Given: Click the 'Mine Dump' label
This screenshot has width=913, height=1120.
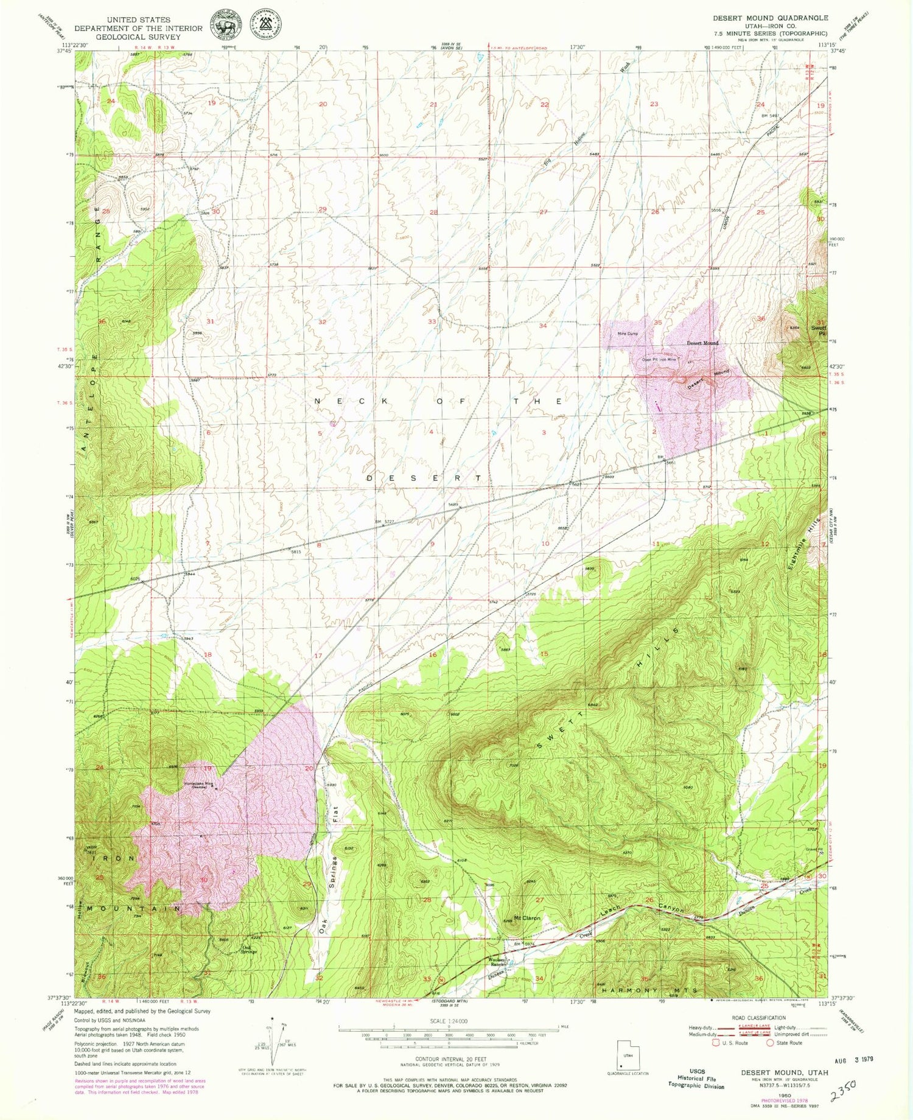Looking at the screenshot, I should pos(628,334).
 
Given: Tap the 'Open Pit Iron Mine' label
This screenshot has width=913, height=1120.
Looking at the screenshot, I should pos(659,360).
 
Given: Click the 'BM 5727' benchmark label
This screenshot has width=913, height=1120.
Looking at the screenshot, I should pos(385,522).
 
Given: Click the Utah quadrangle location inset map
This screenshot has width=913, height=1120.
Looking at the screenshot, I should pos(628,1056).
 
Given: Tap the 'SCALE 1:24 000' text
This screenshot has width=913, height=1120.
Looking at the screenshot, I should pos(447,1021).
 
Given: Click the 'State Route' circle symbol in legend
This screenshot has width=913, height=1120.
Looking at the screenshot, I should pos(770,1043).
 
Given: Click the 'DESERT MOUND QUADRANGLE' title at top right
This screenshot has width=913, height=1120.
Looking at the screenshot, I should pos(770,18).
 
